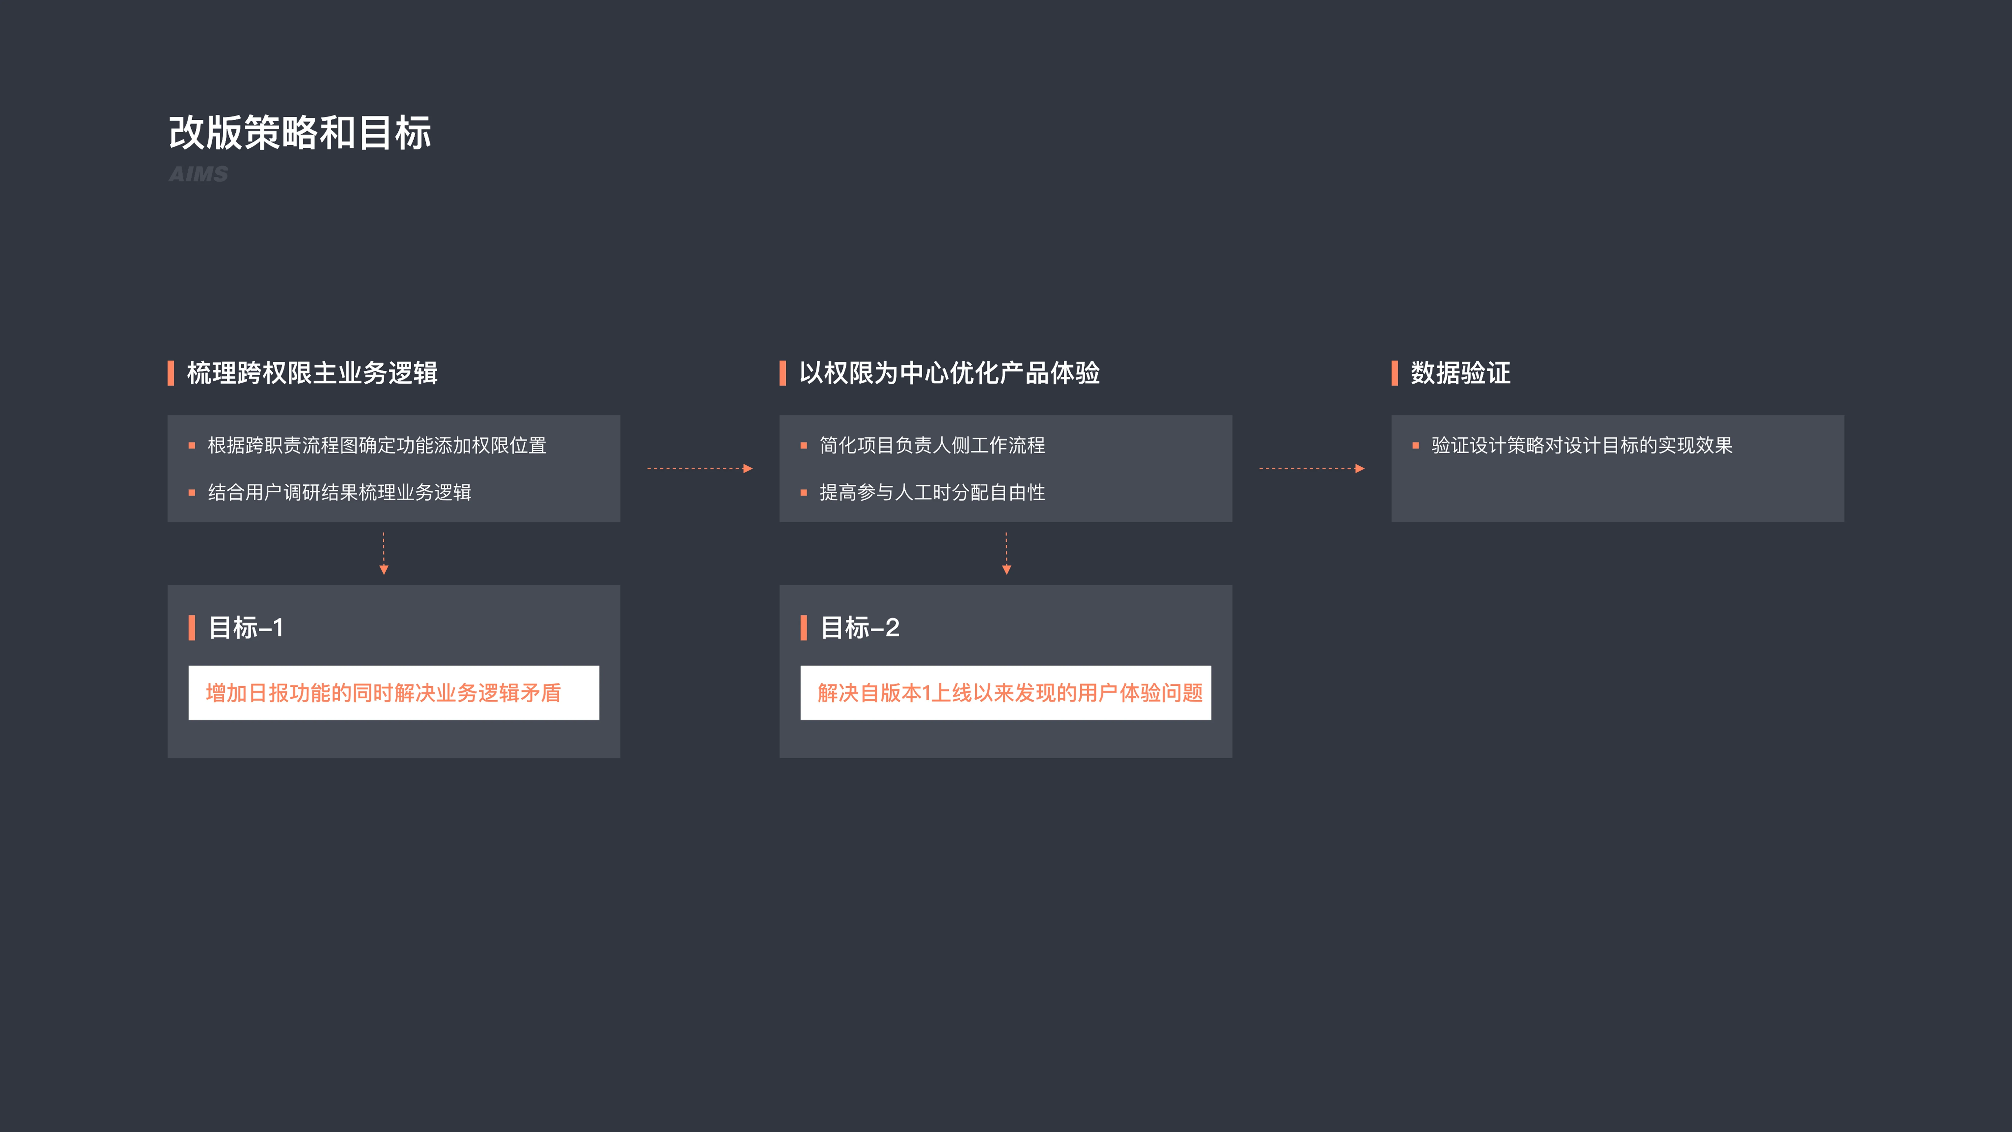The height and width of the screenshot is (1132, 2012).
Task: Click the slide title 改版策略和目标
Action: point(300,133)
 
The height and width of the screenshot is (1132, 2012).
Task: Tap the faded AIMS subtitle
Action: point(198,174)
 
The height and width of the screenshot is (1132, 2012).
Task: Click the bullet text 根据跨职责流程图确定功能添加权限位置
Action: point(377,445)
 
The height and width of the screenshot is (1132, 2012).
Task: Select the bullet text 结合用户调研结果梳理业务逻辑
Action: point(340,492)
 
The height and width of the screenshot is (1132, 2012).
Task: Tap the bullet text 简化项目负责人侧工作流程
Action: point(933,445)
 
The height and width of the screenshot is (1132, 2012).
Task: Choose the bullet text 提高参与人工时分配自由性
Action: point(933,492)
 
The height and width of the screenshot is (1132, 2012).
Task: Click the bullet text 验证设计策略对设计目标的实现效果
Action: point(1582,445)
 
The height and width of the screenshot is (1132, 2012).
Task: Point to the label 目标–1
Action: point(246,627)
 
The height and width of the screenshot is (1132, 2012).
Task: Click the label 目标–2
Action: point(860,627)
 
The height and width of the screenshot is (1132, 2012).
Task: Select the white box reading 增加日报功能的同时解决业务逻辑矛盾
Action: point(394,693)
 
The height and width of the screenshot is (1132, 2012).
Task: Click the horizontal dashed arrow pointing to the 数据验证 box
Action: point(1312,469)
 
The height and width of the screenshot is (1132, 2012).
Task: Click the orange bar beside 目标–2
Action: point(804,627)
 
